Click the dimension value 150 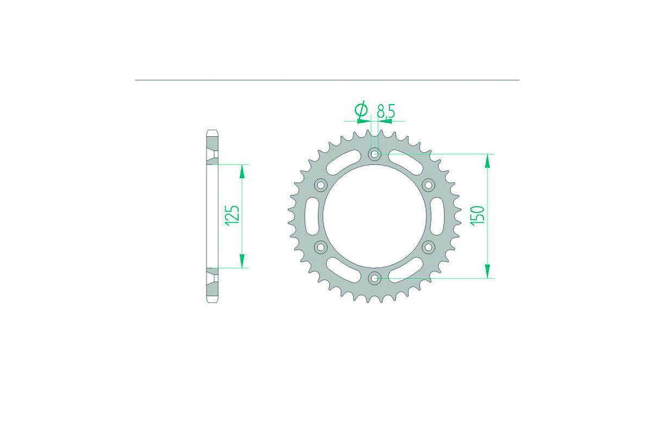point(479,216)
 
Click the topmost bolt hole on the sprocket point(374,154)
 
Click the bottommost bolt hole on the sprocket point(374,278)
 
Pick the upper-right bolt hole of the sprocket point(428,185)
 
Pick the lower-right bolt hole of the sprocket point(428,247)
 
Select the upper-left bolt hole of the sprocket point(320,185)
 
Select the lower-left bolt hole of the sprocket point(320,247)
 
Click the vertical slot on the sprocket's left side point(311,216)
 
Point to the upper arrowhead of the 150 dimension point(487,161)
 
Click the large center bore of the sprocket point(374,216)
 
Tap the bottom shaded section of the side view point(212,286)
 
